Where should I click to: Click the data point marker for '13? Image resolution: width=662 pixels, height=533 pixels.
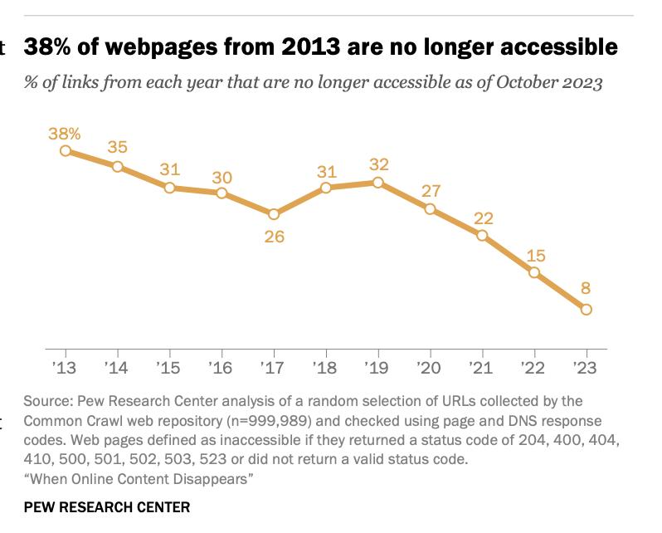coord(66,151)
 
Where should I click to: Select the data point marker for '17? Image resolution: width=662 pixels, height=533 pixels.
coord(274,213)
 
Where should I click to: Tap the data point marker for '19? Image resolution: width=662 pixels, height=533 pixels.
coord(377,182)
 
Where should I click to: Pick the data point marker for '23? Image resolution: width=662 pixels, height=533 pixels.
coord(587,310)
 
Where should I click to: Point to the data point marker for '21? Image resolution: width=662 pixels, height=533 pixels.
coord(482,236)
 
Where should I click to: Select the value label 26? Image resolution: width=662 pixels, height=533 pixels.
coord(274,237)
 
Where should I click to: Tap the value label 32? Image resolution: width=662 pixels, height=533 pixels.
coord(378,164)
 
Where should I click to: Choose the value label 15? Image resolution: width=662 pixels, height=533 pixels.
coord(535,255)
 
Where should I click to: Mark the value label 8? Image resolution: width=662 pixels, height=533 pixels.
coord(587,290)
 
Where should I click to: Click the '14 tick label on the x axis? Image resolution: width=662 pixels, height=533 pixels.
coord(117,367)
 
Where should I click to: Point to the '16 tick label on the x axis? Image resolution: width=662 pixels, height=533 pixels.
coord(221,367)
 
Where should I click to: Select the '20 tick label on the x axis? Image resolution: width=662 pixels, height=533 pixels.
coord(430,367)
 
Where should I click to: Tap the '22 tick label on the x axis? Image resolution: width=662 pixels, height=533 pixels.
coord(534,367)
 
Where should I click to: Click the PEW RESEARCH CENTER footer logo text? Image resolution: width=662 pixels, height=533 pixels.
coord(107,506)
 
